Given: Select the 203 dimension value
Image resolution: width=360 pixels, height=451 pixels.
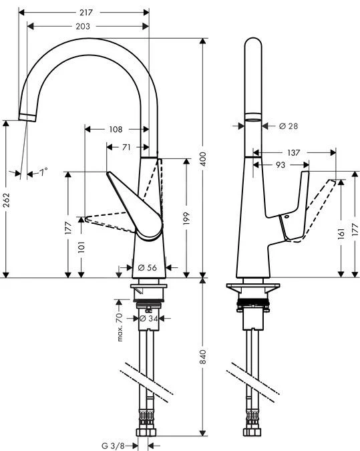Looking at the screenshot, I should coord(83,26).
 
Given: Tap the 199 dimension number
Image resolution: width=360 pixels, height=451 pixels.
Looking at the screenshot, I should coord(187,219).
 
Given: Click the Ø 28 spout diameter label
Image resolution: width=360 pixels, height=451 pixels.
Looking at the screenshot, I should coord(288,126).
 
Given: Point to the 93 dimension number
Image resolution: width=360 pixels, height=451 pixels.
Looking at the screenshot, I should coord(281,164).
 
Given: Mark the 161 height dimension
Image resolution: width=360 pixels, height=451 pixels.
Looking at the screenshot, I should coord(341,233).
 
